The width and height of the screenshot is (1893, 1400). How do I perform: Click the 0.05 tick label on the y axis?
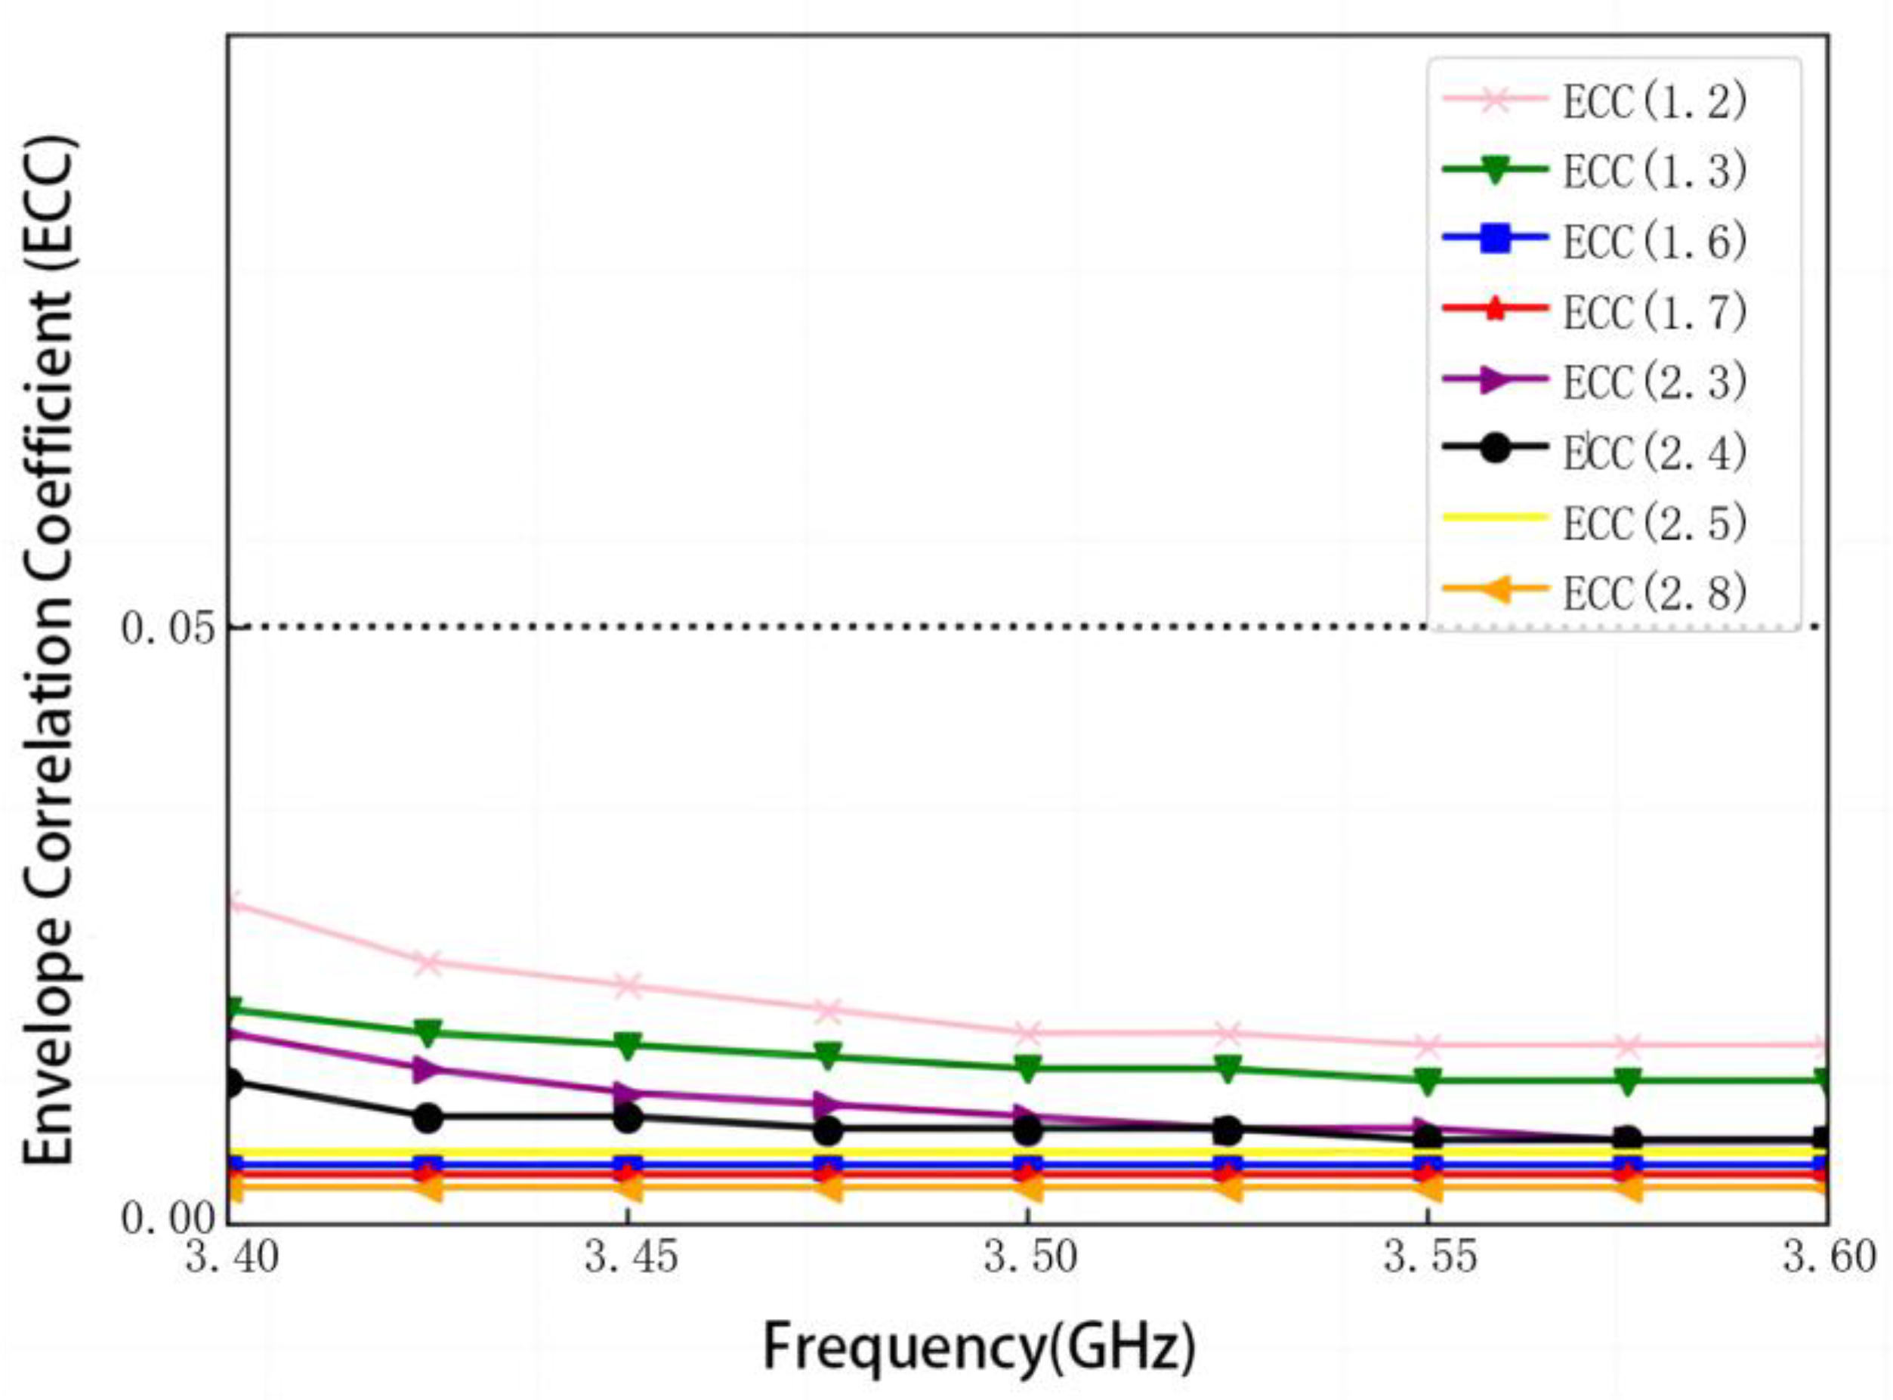(x=168, y=629)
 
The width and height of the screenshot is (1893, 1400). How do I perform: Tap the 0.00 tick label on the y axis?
(x=168, y=1220)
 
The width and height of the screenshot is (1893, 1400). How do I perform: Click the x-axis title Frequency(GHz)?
(x=979, y=1347)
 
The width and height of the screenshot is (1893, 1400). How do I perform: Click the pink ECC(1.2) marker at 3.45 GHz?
(x=628, y=986)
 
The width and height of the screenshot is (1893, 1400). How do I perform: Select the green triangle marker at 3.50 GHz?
(x=1028, y=1068)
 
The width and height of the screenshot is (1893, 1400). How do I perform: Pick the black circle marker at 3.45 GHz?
(x=628, y=1117)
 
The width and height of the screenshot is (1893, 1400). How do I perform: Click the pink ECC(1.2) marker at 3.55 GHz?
(x=1428, y=1045)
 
